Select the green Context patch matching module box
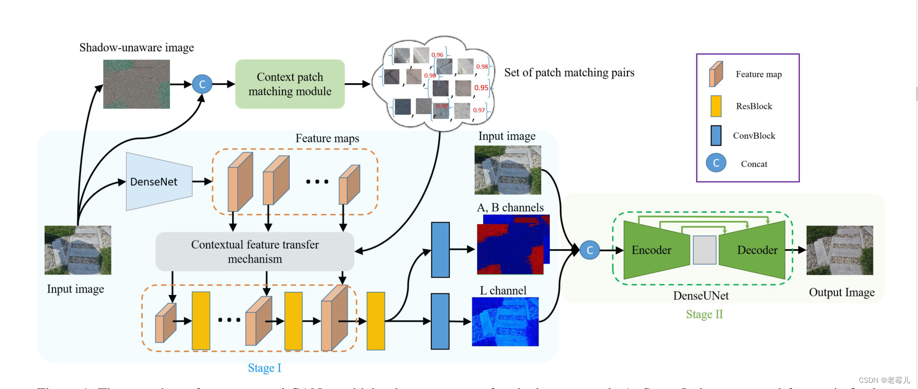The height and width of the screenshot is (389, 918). click(x=290, y=84)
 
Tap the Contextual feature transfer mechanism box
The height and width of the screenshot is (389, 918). click(x=255, y=251)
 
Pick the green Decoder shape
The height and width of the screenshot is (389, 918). click(x=755, y=250)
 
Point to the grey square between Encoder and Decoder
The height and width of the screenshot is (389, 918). click(x=704, y=250)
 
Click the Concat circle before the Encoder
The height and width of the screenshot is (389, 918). click(x=590, y=250)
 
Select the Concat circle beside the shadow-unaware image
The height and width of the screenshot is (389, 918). click(x=202, y=84)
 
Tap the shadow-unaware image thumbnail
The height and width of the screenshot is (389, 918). click(x=137, y=84)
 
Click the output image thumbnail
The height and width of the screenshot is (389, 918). click(x=839, y=250)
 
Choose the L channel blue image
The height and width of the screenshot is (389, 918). click(x=505, y=322)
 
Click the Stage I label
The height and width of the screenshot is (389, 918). click(x=264, y=368)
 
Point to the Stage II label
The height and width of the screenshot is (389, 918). click(x=704, y=314)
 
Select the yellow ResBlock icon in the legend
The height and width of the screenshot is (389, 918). click(x=716, y=106)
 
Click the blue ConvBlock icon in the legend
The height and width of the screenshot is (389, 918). click(x=716, y=136)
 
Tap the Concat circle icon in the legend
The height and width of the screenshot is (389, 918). click(x=716, y=163)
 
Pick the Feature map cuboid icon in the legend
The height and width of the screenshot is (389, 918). click(x=716, y=74)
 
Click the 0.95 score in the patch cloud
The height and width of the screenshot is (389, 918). click(x=481, y=88)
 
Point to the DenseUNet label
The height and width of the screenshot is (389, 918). click(x=701, y=295)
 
